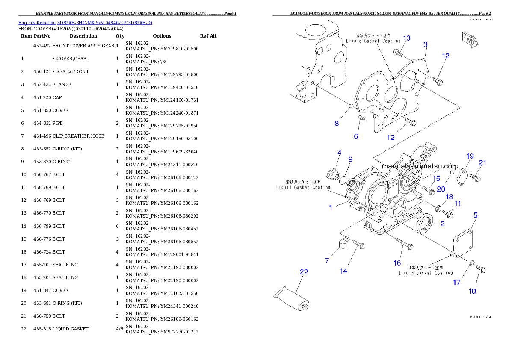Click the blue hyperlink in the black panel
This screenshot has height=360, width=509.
pyautogui.click(x=85, y=23)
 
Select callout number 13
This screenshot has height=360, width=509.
pyautogui.click(x=406, y=38)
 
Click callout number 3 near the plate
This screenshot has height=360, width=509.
pyautogui.click(x=425, y=44)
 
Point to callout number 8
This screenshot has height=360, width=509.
pyautogui.click(x=337, y=124)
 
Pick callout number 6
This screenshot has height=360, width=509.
pyautogui.click(x=355, y=136)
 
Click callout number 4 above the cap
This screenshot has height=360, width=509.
pyautogui.click(x=339, y=153)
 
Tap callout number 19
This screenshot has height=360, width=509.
pyautogui.click(x=470, y=156)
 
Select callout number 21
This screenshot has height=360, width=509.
pyautogui.click(x=482, y=163)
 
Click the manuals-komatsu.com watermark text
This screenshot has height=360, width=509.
pyautogui.click(x=420, y=166)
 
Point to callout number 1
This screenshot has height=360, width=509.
pyautogui.click(x=331, y=207)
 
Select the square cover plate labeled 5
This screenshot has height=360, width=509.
pyautogui.click(x=465, y=244)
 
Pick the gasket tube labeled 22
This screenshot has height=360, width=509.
pyautogui.click(x=291, y=298)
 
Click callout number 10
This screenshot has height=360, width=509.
pyautogui.click(x=472, y=291)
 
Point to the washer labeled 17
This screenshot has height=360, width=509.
pyautogui.click(x=471, y=263)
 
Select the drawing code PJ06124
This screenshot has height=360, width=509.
pyautogui.click(x=479, y=317)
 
